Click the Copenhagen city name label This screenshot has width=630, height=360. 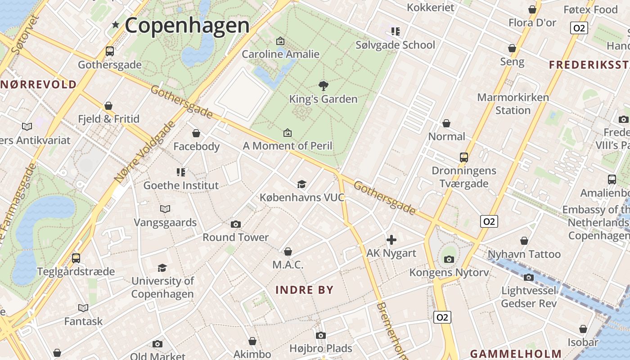pyautogui.click(x=187, y=25)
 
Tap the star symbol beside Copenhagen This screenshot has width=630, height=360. pyautogui.click(x=116, y=25)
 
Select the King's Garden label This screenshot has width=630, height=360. pyautogui.click(x=323, y=99)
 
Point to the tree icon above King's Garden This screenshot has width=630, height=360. pyautogui.click(x=323, y=85)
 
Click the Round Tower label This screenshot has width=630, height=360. pyautogui.click(x=235, y=237)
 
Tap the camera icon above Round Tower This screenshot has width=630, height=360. pyautogui.click(x=235, y=224)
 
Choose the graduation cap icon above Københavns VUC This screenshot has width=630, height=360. pyautogui.click(x=301, y=184)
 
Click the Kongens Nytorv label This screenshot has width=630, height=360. pyautogui.click(x=449, y=272)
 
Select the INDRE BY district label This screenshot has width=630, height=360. pyautogui.click(x=304, y=290)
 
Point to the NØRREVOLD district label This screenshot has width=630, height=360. pyautogui.click(x=39, y=84)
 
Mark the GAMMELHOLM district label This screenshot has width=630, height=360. pyautogui.click(x=516, y=354)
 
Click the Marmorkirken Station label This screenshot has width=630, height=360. pyautogui.click(x=513, y=104)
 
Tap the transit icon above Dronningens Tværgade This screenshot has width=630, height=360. pyautogui.click(x=464, y=157)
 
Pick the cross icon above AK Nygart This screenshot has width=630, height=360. pyautogui.click(x=391, y=240)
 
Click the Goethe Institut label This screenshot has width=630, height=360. pyautogui.click(x=181, y=185)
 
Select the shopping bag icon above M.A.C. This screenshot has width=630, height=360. pyautogui.click(x=288, y=252)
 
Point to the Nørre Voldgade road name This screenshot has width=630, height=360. pyautogui.click(x=144, y=152)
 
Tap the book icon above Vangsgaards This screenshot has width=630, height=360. pyautogui.click(x=165, y=209)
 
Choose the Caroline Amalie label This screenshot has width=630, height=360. pyautogui.click(x=280, y=54)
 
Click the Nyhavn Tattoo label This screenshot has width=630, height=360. pyautogui.click(x=524, y=254)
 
